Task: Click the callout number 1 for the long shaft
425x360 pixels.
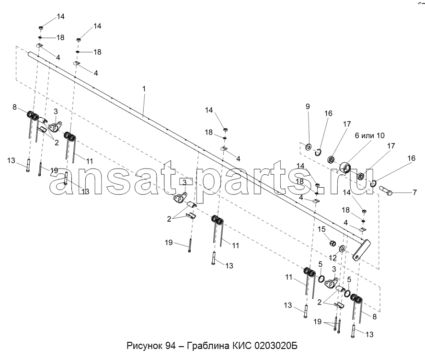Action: coord(144,89)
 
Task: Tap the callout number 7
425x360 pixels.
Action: coord(415,192)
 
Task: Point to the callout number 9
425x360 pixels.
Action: coord(308,106)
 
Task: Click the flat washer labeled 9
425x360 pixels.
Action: coord(309,147)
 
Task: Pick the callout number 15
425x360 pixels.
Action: coord(322,229)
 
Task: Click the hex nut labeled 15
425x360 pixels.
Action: coord(333,243)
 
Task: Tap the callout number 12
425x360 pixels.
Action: coord(333,258)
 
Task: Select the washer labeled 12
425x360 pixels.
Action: coord(342,248)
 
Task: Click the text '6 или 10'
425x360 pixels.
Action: coord(370,135)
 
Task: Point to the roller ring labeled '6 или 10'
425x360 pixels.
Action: coord(346,168)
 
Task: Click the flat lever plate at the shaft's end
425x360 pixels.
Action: coord(361,250)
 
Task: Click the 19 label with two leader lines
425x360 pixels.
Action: coord(317,322)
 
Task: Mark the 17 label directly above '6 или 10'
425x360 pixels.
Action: coord(347,124)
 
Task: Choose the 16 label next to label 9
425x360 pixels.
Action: coord(328,113)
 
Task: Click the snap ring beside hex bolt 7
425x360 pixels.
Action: coord(373,183)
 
